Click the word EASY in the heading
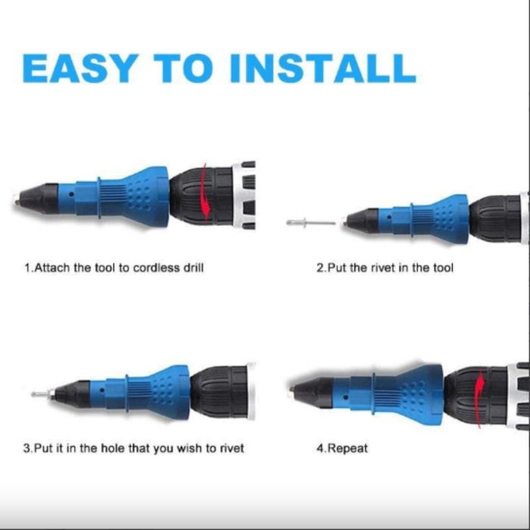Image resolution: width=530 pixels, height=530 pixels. [79, 68]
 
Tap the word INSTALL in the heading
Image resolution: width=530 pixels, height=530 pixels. [323, 68]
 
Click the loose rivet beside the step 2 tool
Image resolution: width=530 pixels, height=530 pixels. [311, 223]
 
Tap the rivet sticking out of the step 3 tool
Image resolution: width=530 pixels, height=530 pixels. [43, 394]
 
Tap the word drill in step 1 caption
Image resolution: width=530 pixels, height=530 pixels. [193, 268]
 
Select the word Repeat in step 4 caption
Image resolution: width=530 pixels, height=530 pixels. [348, 449]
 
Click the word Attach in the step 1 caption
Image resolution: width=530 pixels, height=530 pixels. [52, 268]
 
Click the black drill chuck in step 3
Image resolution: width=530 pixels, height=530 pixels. [219, 392]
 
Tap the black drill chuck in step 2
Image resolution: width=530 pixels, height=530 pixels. [495, 218]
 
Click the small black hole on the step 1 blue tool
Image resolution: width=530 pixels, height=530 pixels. [71, 195]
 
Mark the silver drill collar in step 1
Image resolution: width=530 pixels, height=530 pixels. [243, 195]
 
